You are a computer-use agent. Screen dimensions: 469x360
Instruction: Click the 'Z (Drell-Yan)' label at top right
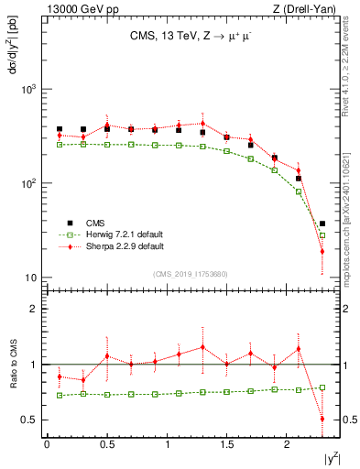tap(307, 9)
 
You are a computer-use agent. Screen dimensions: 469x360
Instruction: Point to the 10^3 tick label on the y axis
tap(31, 90)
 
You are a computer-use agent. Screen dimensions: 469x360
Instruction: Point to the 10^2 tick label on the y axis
tap(31, 183)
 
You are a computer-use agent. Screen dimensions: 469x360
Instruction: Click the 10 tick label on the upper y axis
tap(32, 278)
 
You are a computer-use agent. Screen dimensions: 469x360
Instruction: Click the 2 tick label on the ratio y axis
tap(37, 309)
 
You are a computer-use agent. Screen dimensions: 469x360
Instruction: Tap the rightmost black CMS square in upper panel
tap(322, 224)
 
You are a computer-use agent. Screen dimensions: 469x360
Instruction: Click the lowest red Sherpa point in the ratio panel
tap(322, 419)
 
